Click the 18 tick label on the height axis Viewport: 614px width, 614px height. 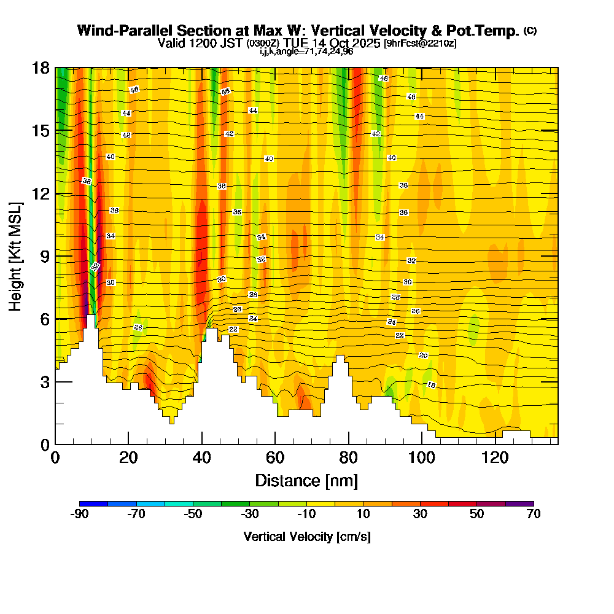click(x=41, y=68)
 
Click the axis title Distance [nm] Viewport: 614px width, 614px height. click(x=306, y=480)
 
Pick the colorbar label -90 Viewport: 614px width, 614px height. click(x=80, y=514)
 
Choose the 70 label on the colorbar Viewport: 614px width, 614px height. click(x=533, y=514)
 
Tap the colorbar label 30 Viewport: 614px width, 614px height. click(x=420, y=514)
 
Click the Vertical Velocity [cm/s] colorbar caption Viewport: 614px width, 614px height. click(x=306, y=537)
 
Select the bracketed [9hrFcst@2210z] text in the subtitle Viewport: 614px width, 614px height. click(x=419, y=44)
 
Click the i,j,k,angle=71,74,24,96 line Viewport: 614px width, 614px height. click(x=306, y=51)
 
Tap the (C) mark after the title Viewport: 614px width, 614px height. click(x=530, y=31)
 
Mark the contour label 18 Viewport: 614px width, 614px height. click(x=431, y=385)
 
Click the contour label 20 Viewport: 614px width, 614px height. click(x=423, y=356)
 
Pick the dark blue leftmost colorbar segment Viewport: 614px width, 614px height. click(x=94, y=503)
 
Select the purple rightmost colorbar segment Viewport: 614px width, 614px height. click(x=519, y=503)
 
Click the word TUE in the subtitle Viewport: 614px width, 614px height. click(x=297, y=43)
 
